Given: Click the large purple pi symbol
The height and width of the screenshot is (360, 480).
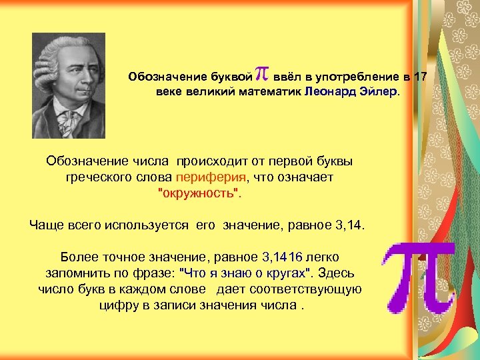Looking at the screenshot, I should point(417,277).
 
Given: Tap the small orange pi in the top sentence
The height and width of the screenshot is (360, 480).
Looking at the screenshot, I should point(262,74).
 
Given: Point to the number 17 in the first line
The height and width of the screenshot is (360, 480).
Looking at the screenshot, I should point(419,76).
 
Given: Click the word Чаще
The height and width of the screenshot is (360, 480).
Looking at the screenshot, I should point(46,225).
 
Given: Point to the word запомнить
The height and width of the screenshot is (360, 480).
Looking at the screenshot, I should point(74,273).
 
